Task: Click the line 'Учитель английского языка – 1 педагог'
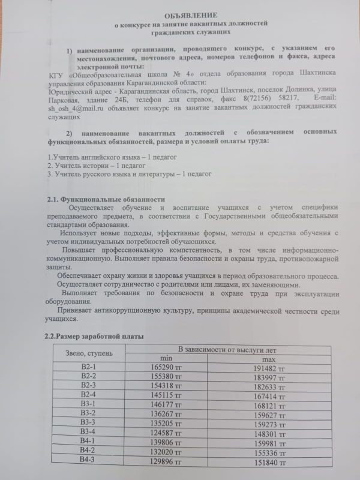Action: (104, 156)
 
